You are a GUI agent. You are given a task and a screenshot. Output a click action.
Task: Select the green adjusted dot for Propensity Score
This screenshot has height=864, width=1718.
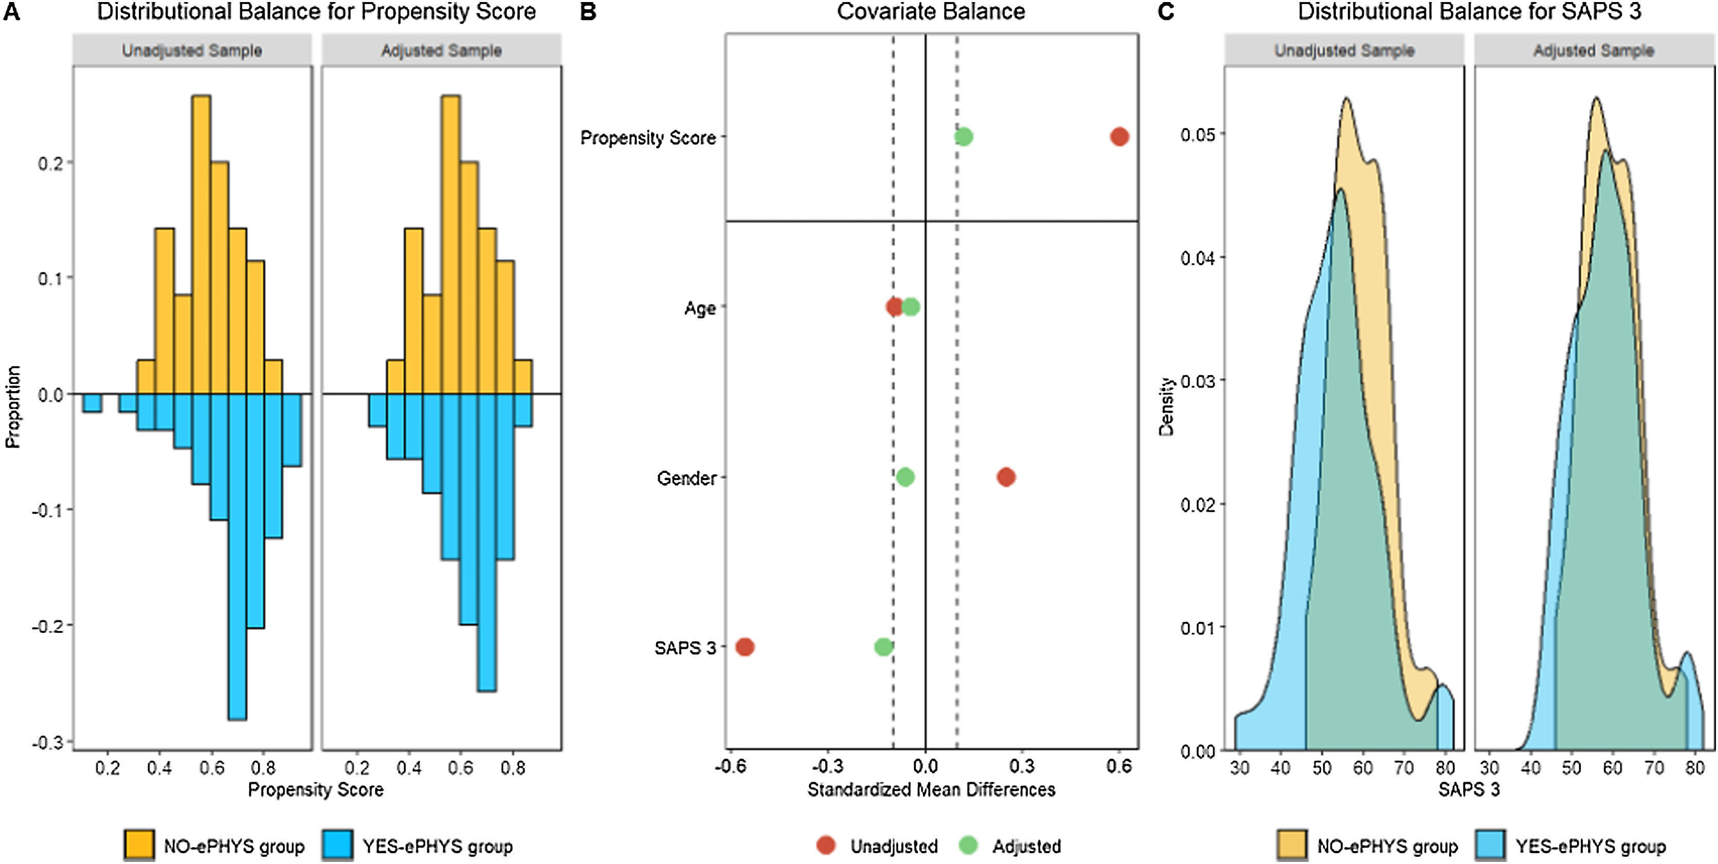click(963, 137)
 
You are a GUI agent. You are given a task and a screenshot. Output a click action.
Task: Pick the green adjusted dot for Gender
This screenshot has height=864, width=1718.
click(905, 477)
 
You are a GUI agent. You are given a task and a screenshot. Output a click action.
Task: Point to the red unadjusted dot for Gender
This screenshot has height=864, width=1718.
click(1006, 477)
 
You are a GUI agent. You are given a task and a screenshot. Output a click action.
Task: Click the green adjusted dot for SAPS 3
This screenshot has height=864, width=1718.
click(883, 647)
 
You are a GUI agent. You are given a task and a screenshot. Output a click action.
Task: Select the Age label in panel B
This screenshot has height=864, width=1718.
click(700, 308)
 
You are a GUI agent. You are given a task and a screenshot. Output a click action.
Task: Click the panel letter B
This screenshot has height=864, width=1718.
click(588, 12)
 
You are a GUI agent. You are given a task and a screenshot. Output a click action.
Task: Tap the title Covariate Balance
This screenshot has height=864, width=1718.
click(931, 12)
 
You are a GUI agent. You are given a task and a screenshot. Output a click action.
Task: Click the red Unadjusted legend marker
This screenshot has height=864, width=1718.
click(826, 845)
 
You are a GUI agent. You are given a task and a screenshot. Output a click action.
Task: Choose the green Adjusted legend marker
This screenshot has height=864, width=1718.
click(968, 845)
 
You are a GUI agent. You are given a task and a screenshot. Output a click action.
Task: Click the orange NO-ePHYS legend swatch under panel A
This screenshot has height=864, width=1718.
click(139, 845)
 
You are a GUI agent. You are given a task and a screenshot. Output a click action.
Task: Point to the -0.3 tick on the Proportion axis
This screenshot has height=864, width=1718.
click(49, 742)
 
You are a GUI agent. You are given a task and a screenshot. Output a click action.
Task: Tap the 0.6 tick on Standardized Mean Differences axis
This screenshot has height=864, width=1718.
click(1118, 766)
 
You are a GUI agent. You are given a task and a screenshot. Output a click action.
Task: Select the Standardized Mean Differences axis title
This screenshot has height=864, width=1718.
click(931, 790)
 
